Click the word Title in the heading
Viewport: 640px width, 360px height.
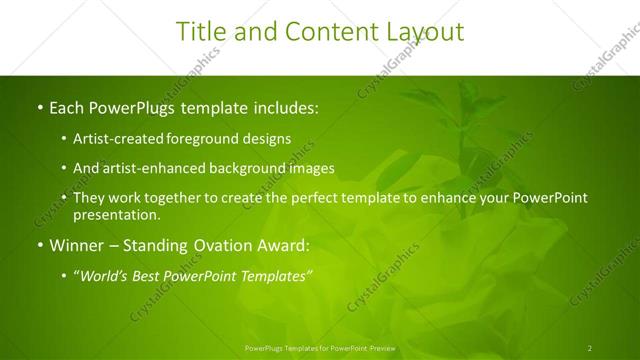point(200,32)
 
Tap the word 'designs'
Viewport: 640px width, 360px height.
point(268,139)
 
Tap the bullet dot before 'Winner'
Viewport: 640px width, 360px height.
point(39,245)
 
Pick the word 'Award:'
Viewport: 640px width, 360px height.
point(284,245)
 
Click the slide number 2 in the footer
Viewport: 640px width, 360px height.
point(589,347)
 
